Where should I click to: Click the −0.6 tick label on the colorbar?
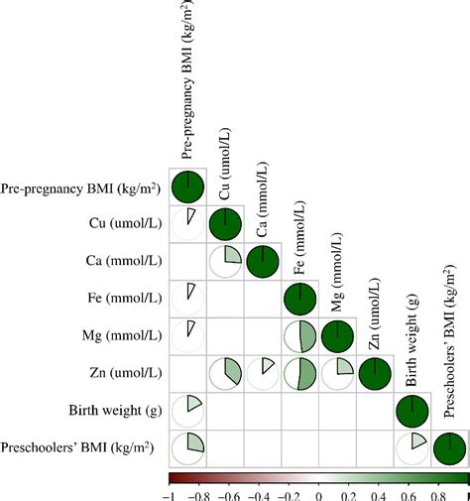(x=229, y=491)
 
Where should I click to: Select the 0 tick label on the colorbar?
(x=318, y=491)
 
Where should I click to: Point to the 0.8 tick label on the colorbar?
(x=437, y=491)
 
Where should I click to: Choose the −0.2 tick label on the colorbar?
(x=289, y=491)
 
